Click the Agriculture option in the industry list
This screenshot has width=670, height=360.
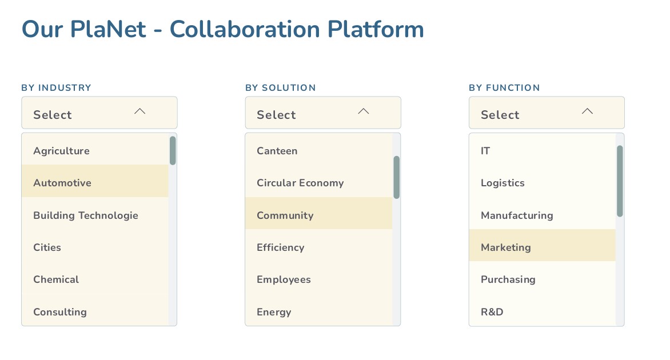[61, 151]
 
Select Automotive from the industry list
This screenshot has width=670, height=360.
[62, 183]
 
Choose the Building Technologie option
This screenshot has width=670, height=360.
[86, 215]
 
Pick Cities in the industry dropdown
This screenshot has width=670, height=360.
[47, 247]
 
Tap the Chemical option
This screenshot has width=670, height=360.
[56, 279]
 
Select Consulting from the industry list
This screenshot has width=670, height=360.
[60, 312]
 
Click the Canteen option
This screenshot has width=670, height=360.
[277, 151]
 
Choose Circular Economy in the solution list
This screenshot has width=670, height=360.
[300, 183]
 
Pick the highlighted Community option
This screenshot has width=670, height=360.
[285, 215]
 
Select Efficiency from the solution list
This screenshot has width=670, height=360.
[281, 247]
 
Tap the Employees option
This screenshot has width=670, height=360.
[284, 279]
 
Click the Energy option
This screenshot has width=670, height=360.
[274, 312]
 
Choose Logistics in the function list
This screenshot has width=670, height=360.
[502, 183]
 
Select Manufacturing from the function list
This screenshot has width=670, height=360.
[517, 215]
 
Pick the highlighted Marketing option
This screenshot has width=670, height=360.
[506, 247]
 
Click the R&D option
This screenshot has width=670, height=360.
[492, 312]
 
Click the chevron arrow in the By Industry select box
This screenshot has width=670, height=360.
[140, 111]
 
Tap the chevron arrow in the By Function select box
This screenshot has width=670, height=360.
[587, 111]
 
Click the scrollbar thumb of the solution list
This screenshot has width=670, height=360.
[397, 177]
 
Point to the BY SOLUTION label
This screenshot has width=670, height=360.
[280, 87]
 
